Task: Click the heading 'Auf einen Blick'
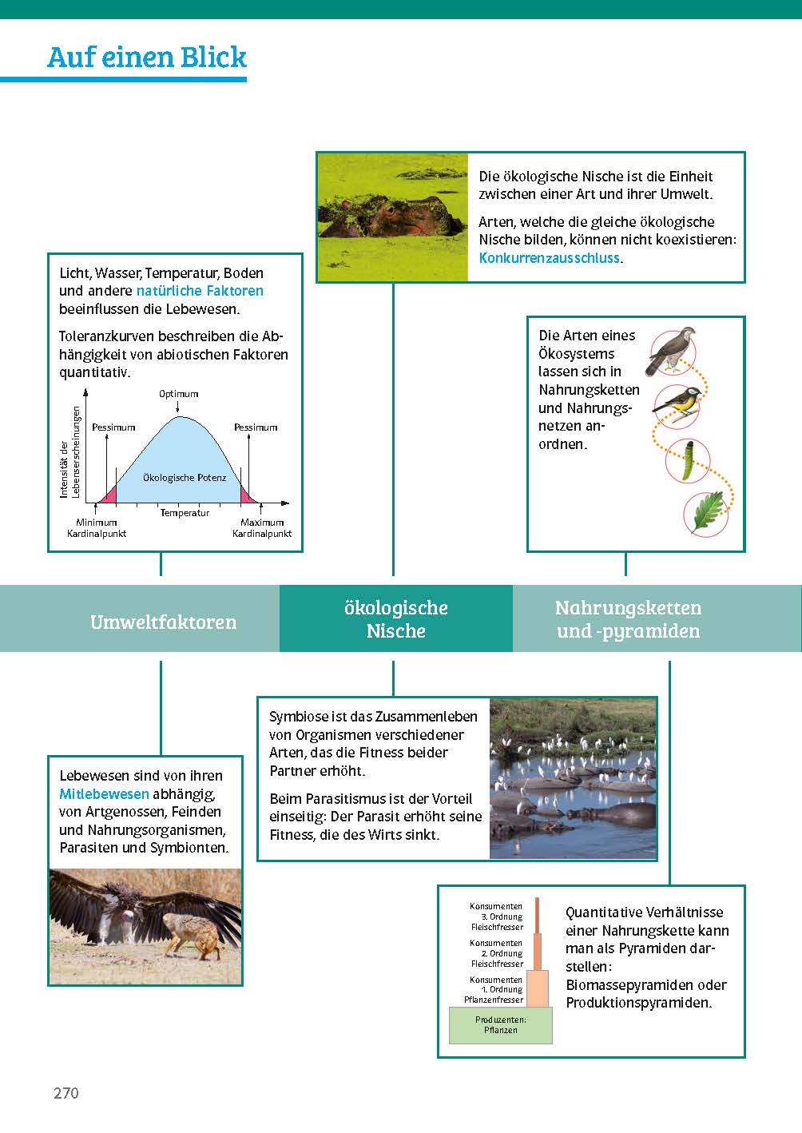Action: (x=147, y=58)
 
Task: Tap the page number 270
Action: (x=66, y=1093)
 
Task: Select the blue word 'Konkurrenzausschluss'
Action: (x=550, y=257)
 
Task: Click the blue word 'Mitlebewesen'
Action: (x=104, y=793)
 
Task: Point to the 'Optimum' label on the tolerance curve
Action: (x=178, y=394)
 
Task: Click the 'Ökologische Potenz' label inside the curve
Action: (x=185, y=478)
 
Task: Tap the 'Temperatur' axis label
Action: (x=185, y=513)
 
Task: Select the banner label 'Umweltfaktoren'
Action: (x=163, y=622)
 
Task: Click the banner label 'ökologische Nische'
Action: (x=396, y=619)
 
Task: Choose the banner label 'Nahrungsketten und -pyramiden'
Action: (x=628, y=619)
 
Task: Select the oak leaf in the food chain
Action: (x=707, y=512)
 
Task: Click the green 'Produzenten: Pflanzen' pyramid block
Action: (x=501, y=1025)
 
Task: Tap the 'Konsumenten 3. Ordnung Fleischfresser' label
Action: (x=497, y=916)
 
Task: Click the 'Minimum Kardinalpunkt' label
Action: (x=97, y=528)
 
